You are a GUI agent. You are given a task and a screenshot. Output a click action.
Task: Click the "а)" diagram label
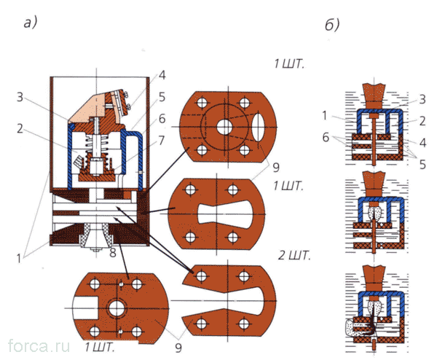30,23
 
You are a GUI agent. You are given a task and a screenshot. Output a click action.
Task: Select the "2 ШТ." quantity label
294,256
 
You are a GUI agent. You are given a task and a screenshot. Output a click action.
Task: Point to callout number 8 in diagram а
114,254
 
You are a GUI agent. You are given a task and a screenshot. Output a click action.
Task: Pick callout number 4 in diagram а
162,74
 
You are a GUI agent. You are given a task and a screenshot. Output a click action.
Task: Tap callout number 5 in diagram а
162,95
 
